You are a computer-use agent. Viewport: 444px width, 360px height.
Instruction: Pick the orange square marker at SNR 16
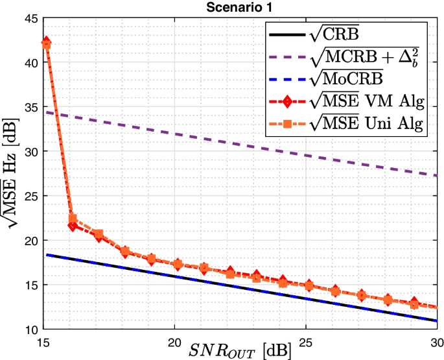point(73,219)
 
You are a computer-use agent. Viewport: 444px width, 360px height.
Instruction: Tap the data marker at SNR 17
point(99,234)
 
